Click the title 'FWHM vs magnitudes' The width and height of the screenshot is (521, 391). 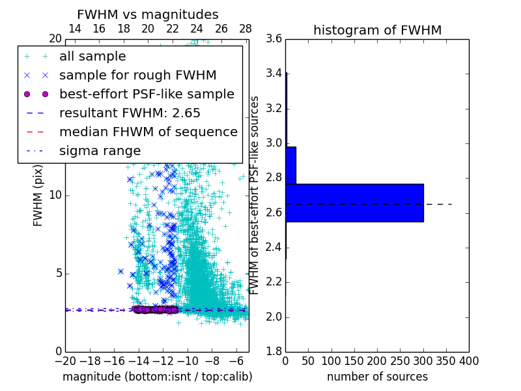(148, 14)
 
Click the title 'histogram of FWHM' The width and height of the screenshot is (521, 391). (377, 30)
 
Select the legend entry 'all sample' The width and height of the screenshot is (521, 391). (92, 57)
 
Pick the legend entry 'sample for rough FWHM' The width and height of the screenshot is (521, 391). (137, 76)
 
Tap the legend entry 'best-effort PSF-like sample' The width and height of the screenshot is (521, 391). (147, 94)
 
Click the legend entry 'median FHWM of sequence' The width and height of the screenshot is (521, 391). (148, 132)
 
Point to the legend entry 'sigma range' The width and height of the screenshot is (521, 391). (100, 151)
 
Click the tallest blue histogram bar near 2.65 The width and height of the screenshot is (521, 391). (354, 203)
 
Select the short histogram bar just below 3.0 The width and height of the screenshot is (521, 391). (290, 166)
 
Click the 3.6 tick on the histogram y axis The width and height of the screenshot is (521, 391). (274, 38)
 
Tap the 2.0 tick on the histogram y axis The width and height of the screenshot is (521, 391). (274, 317)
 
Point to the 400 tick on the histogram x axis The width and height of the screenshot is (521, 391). (469, 360)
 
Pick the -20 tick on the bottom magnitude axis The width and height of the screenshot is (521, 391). (65, 360)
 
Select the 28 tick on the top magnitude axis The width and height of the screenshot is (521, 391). (246, 29)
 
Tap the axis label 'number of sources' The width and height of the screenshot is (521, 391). (377, 377)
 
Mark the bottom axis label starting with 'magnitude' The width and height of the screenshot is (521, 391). (157, 377)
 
